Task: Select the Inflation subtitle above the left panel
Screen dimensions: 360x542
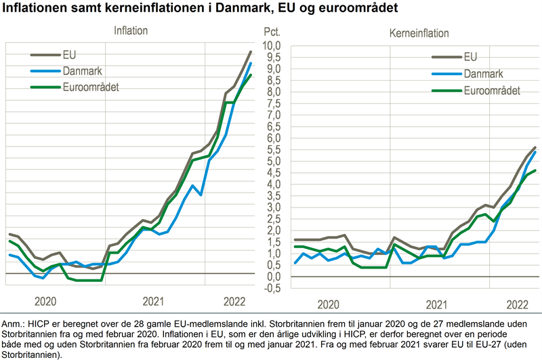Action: click(131, 31)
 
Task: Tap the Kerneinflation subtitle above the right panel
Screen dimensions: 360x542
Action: click(419, 33)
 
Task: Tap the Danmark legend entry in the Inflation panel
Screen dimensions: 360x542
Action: click(82, 71)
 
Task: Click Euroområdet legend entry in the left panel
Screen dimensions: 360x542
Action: click(91, 87)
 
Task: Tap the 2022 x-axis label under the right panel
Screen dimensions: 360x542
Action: click(516, 305)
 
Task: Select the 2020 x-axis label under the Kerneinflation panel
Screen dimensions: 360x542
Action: click(328, 305)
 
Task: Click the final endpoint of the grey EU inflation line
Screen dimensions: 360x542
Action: click(251, 52)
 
